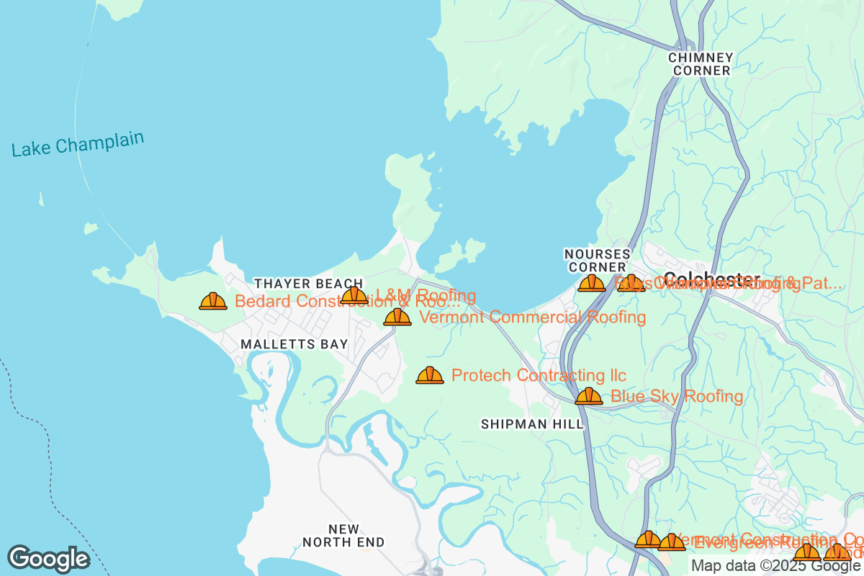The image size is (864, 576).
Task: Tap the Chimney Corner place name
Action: [x=701, y=64]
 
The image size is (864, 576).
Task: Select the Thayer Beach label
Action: [x=308, y=284]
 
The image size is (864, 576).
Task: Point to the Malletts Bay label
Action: [x=294, y=344]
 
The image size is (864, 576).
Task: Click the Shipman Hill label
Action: [x=532, y=425]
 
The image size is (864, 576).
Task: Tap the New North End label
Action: [x=343, y=536]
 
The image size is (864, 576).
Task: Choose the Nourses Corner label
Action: [x=597, y=261]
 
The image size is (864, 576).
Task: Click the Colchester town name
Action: [x=711, y=279]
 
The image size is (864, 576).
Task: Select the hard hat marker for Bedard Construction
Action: [x=213, y=302]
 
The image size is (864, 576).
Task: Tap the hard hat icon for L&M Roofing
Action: [x=354, y=295]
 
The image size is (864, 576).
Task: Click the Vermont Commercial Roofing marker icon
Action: [x=397, y=317]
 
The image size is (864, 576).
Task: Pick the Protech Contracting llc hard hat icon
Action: [x=430, y=375]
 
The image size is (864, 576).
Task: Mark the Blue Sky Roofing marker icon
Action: [x=589, y=396]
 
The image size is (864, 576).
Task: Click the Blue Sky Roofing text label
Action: [x=676, y=396]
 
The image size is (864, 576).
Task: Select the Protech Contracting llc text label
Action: [x=539, y=375]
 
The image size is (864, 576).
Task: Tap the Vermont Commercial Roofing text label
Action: [x=532, y=317]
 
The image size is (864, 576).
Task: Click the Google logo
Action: [x=48, y=559]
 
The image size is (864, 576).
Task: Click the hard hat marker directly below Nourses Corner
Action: [x=591, y=283]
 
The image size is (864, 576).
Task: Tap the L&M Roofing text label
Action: [x=426, y=295]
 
